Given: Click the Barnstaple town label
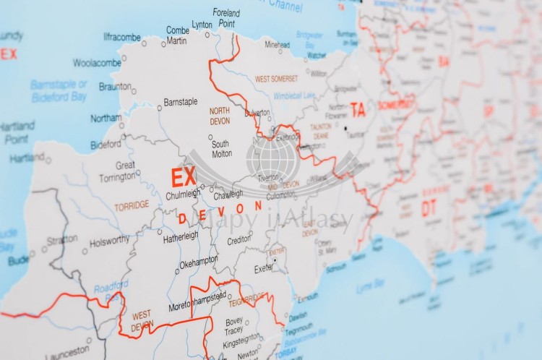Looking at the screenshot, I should pos(180,102).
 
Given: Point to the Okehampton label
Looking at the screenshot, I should pos(199,263).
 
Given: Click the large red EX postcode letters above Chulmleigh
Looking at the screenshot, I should pos(183,176).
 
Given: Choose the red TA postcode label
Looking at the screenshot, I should pos(358,110).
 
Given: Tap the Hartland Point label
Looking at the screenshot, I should pos(16,132).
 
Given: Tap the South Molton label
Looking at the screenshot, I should pos(221,148).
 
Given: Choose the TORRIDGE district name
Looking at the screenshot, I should pos(132,205).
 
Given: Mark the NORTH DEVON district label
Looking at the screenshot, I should pos(220,116).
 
